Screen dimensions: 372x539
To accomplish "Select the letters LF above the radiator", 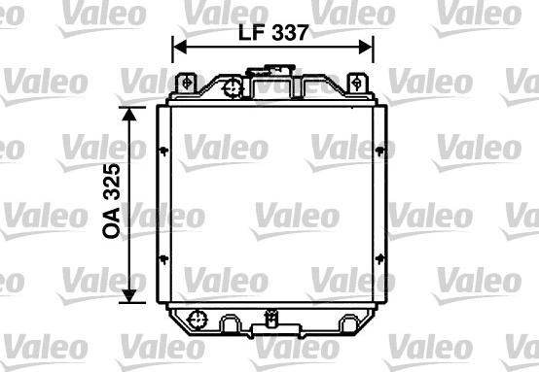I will point(249,31).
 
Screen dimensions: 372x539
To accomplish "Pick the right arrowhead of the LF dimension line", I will point(367,46).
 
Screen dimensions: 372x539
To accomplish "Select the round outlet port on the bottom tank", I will point(198,318).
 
